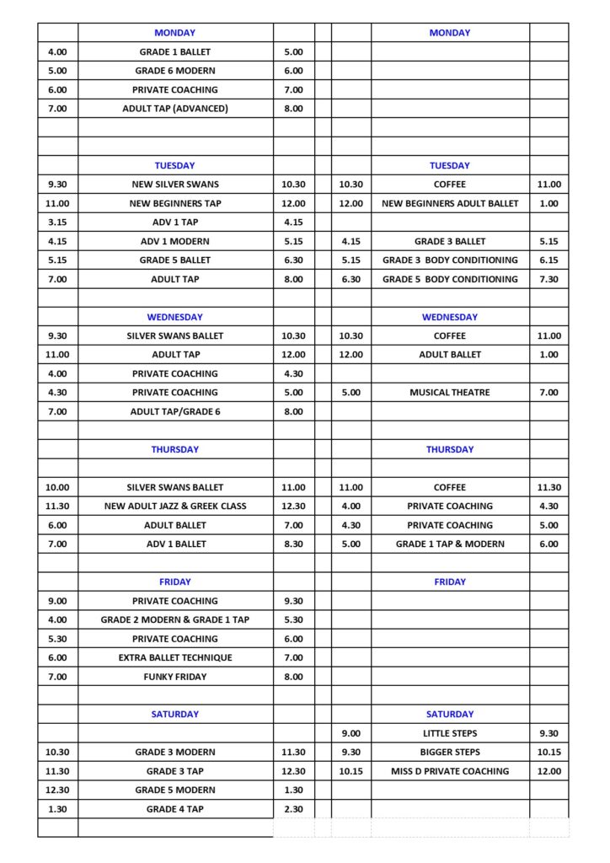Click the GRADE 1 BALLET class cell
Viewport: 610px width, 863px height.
[x=175, y=52]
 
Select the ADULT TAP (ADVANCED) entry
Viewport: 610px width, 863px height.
[x=175, y=109]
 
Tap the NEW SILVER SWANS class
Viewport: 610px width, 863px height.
[x=175, y=185]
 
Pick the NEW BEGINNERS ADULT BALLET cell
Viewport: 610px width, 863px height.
[x=450, y=203]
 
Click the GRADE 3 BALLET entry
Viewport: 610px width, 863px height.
[x=450, y=241]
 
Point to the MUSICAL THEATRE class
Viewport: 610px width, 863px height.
[x=450, y=393]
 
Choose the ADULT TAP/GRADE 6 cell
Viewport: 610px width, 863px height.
[x=175, y=411]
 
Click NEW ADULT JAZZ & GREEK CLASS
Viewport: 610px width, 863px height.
[x=175, y=507]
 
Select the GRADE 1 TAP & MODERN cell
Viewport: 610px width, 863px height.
[x=450, y=544]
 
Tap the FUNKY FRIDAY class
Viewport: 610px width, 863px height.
[x=175, y=677]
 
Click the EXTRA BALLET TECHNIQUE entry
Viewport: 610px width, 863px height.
[x=175, y=657]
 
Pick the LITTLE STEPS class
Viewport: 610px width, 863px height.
[x=450, y=733]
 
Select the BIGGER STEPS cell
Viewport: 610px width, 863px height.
[x=450, y=752]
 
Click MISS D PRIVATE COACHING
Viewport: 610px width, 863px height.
[x=450, y=771]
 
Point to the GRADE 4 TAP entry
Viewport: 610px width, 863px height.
[x=175, y=809]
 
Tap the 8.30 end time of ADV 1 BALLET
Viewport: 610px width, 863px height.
[x=293, y=544]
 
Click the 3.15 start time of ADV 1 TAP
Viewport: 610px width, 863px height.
[x=58, y=222]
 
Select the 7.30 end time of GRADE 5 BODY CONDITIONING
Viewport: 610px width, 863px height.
[x=548, y=279]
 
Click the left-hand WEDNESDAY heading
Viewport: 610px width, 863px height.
[x=175, y=317]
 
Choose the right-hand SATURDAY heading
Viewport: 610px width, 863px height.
[x=450, y=714]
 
